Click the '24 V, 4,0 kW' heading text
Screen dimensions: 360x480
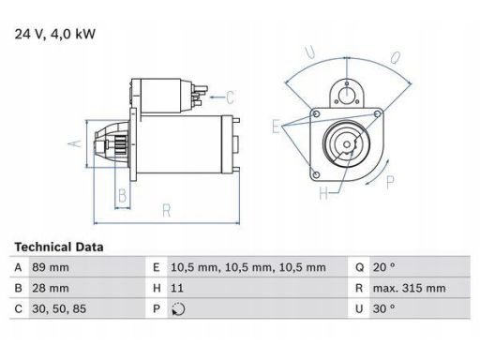pyautogui.click(x=55, y=35)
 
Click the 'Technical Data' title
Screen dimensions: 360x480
pyautogui.click(x=59, y=247)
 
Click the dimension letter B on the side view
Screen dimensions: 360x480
pyautogui.click(x=121, y=196)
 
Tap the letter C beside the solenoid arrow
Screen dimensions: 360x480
pyautogui.click(x=231, y=95)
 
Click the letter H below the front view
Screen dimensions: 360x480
pyautogui.click(x=323, y=194)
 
